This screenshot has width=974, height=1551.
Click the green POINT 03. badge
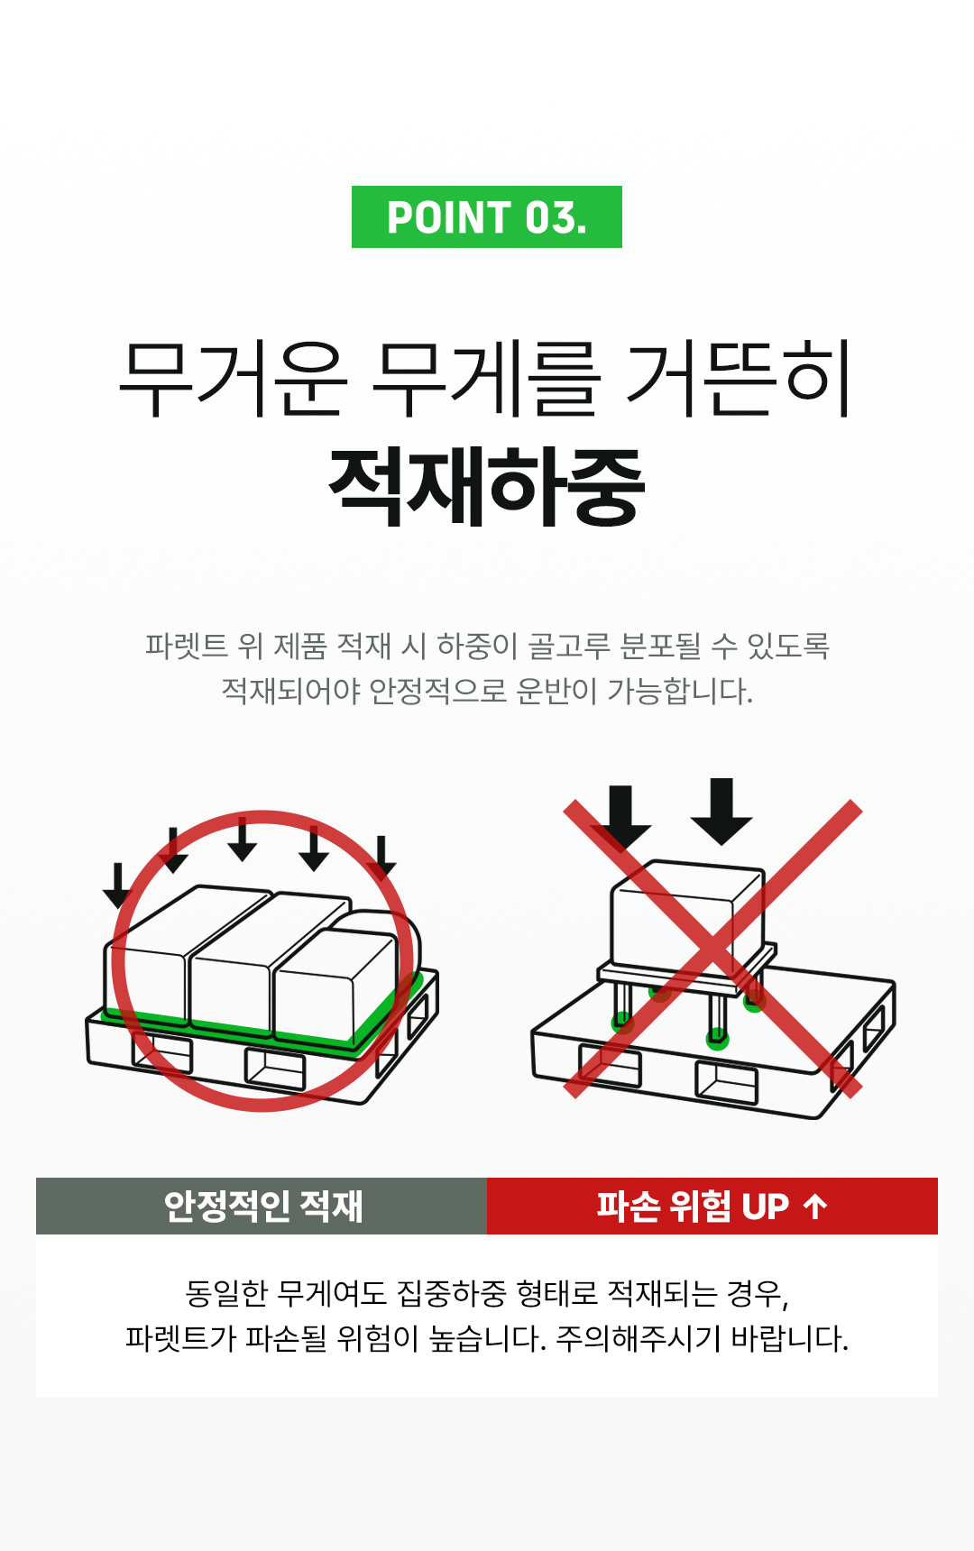[x=487, y=216]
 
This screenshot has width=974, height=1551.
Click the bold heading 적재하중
[x=487, y=487]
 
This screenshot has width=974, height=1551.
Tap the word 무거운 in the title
[x=233, y=379]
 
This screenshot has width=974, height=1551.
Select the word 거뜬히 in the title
[x=740, y=379]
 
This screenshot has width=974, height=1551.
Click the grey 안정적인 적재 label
[x=262, y=1206]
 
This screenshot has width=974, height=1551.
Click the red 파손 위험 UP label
[x=712, y=1206]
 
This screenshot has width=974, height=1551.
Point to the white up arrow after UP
[x=815, y=1206]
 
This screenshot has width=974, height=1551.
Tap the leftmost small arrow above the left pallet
[x=117, y=885]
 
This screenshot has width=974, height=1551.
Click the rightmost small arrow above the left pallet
[x=381, y=857]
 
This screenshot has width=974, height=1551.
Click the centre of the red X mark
[x=712, y=948]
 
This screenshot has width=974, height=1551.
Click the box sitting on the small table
[x=687, y=914]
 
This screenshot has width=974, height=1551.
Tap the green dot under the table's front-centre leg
[x=717, y=1038]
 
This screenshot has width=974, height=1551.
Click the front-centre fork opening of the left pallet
[x=275, y=1069]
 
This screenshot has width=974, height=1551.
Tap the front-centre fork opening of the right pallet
[x=726, y=1082]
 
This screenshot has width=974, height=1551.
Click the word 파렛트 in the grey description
[x=186, y=646]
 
